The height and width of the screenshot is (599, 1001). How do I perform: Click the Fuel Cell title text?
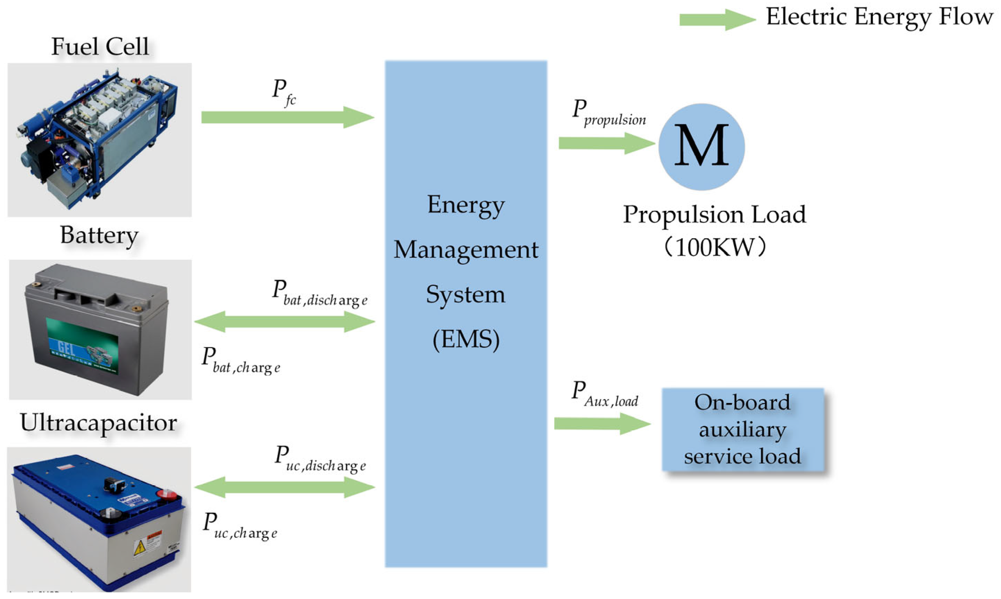(100, 47)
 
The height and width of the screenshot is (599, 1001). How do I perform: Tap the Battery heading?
(99, 235)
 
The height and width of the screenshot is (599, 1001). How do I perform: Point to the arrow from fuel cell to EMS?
(287, 117)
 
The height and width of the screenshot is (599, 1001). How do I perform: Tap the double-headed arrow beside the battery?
(285, 322)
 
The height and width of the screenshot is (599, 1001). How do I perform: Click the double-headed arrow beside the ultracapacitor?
(285, 487)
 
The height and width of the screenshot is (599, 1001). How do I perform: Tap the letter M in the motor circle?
(701, 146)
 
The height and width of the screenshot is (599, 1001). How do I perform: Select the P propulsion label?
(609, 113)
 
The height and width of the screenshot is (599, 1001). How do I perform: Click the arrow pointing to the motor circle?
(606, 143)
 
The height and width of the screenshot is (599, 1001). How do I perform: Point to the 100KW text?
(714, 247)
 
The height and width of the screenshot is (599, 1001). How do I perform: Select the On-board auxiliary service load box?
(742, 429)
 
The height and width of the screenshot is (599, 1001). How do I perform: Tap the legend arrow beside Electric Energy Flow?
(716, 19)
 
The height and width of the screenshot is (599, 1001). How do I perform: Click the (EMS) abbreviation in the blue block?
(466, 339)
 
